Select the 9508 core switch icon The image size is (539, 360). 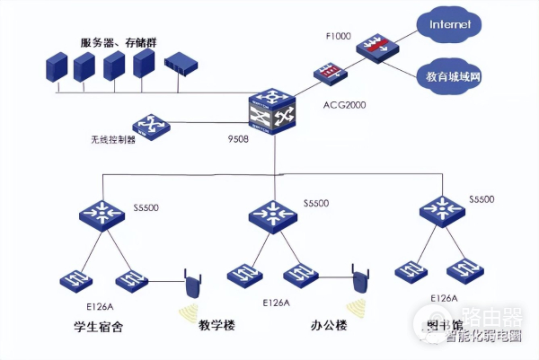(x=274, y=110)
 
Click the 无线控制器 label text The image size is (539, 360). (x=110, y=140)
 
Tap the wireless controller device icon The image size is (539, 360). (x=149, y=125)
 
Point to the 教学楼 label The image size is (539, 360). (x=216, y=325)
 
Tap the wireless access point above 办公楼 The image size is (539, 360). (x=361, y=280)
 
